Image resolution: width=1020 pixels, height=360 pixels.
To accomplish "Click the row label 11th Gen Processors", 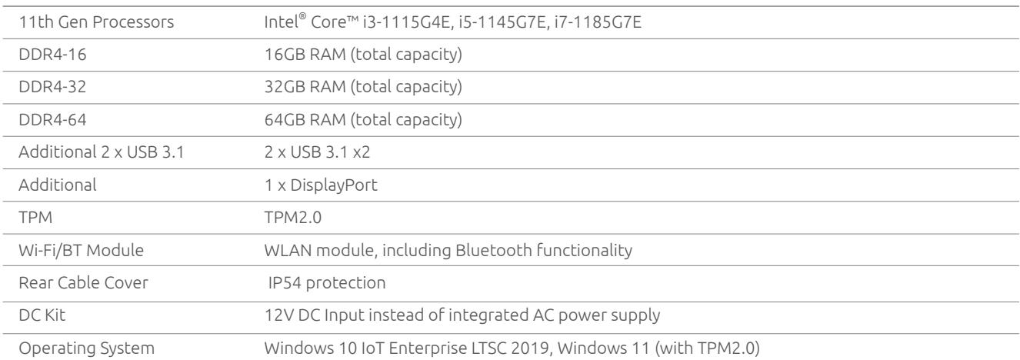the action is pyautogui.click(x=96, y=22).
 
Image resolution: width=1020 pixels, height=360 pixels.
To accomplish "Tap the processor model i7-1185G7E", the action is pyautogui.click(x=598, y=22).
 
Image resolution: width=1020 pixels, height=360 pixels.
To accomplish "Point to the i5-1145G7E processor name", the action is pyautogui.click(x=502, y=22).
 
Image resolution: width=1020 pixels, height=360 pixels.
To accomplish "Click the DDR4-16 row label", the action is pyautogui.click(x=52, y=55).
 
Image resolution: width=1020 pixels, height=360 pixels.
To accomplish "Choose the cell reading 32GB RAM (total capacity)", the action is pyautogui.click(x=363, y=87).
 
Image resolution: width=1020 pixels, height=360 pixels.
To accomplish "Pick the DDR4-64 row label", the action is pyautogui.click(x=52, y=120).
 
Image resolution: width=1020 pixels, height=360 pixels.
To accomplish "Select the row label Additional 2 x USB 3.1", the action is pyautogui.click(x=101, y=152).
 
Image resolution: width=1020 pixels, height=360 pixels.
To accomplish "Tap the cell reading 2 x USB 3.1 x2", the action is pyautogui.click(x=317, y=152).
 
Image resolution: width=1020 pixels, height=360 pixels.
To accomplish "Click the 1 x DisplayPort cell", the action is pyautogui.click(x=321, y=185).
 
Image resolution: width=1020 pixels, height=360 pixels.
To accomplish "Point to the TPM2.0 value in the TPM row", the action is pyautogui.click(x=293, y=218).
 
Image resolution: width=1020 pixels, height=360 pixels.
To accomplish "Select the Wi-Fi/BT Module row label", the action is pyautogui.click(x=81, y=250).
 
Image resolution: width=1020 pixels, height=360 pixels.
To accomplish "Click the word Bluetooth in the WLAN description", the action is pyautogui.click(x=493, y=250).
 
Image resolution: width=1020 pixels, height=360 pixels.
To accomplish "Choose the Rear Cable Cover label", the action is pyautogui.click(x=83, y=282).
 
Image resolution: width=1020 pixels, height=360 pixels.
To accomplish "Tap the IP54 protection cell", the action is pyautogui.click(x=326, y=282).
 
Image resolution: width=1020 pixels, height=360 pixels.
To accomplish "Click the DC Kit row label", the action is pyautogui.click(x=42, y=315).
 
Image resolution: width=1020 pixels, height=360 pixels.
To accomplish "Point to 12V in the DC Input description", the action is pyautogui.click(x=278, y=315).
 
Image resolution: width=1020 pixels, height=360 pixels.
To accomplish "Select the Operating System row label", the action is pyautogui.click(x=86, y=348).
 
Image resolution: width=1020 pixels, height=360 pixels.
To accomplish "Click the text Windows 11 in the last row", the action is pyautogui.click(x=603, y=348).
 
